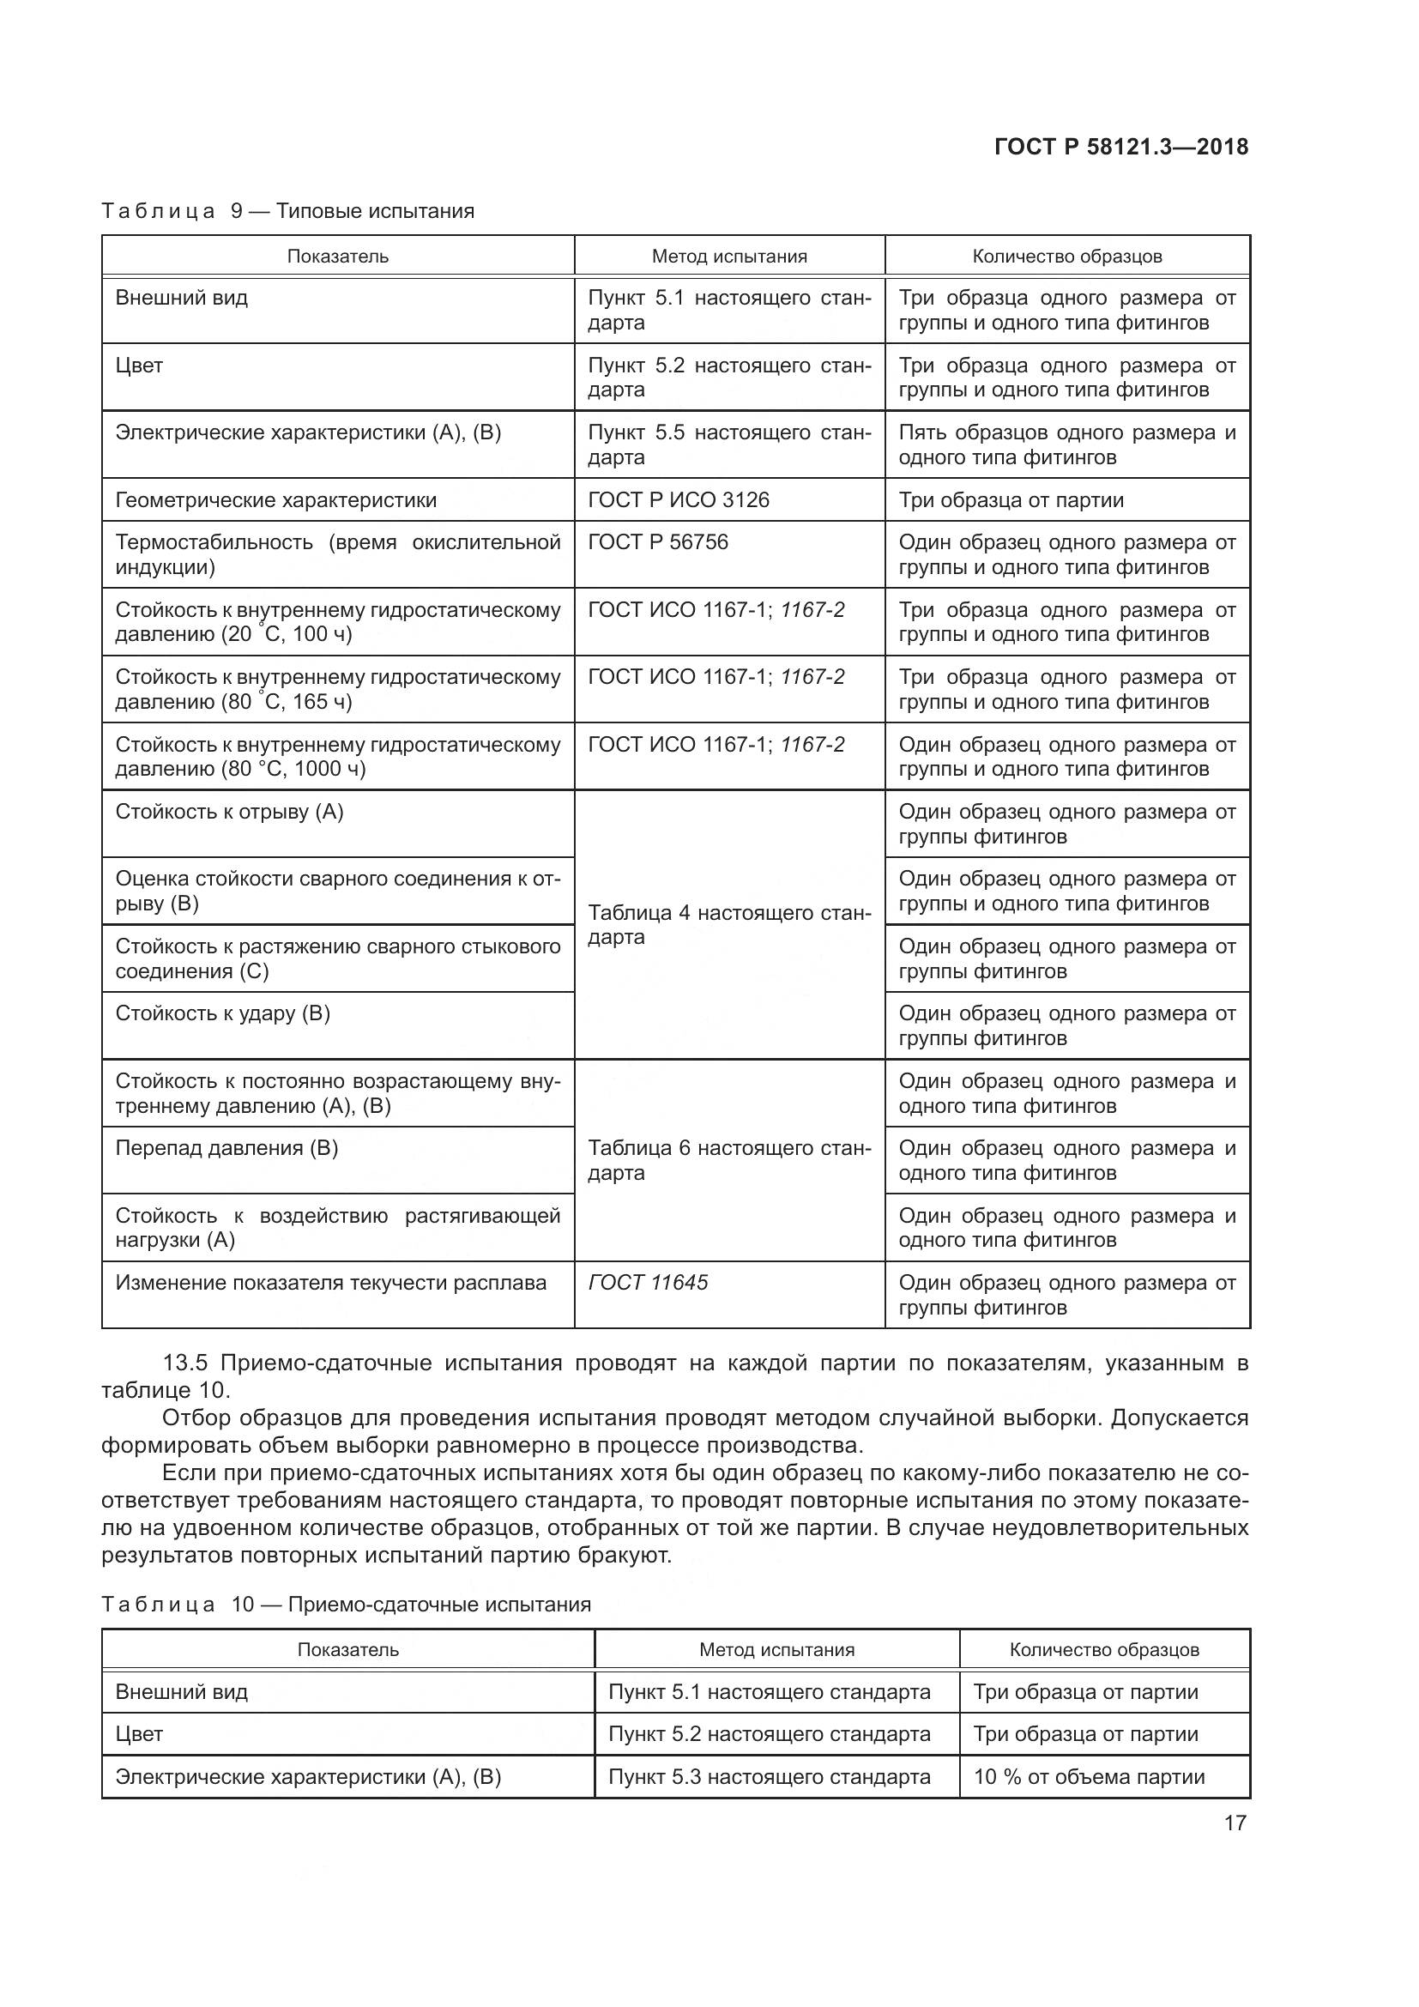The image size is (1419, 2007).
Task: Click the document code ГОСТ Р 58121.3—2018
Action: (1121, 147)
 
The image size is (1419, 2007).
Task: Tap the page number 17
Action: (1235, 1823)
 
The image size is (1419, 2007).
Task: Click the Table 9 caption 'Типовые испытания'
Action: (375, 211)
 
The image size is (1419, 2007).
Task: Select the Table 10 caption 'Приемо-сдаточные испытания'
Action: (439, 1604)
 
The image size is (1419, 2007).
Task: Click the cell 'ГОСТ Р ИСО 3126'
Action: (678, 500)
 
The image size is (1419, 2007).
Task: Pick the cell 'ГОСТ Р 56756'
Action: (657, 542)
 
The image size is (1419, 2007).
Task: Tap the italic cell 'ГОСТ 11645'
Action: (648, 1282)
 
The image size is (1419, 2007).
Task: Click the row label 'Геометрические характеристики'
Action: (275, 500)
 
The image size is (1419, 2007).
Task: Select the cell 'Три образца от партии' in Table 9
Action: (1011, 500)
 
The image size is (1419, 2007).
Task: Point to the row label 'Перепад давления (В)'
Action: (226, 1148)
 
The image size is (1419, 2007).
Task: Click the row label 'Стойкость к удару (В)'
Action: (222, 1013)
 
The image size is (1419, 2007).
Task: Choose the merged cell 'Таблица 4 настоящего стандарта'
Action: (728, 925)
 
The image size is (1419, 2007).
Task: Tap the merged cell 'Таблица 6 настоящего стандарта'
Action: (728, 1160)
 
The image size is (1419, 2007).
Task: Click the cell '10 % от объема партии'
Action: (1089, 1776)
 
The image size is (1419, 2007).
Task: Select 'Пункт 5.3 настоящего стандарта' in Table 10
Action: (769, 1776)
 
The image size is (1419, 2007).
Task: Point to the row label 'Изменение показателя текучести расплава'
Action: (330, 1282)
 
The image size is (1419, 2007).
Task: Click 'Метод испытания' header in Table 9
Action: (728, 256)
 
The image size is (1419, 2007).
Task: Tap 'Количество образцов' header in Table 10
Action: (1103, 1649)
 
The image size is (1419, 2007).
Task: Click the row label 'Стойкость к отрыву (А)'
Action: (229, 811)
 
